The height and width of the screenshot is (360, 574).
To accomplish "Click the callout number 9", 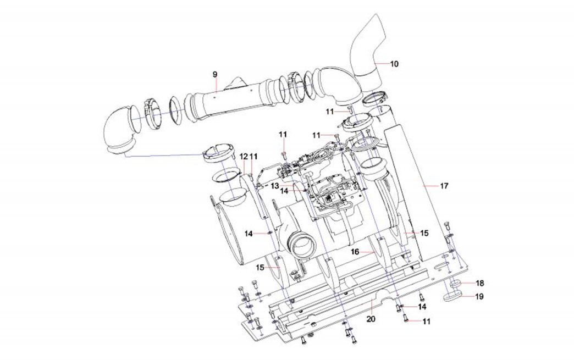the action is click(x=215, y=75).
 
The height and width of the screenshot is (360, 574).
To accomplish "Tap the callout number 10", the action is click(x=394, y=64).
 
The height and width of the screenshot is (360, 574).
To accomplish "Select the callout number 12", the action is click(x=244, y=157).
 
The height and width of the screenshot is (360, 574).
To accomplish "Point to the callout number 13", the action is click(x=275, y=185).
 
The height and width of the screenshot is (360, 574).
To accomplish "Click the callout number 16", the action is click(x=355, y=252).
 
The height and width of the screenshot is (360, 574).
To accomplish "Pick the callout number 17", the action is click(x=444, y=186).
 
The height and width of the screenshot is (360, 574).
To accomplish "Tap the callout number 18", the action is click(x=479, y=283).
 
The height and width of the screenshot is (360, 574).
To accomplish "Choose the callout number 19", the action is click(x=479, y=296).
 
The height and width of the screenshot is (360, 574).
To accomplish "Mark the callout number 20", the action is click(x=371, y=319).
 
